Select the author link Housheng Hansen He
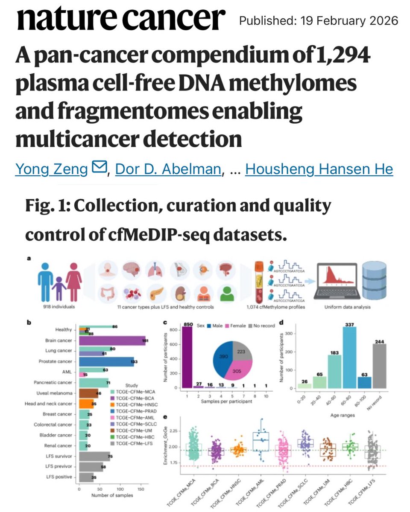click(x=319, y=169)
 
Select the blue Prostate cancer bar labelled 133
click(x=106, y=361)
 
